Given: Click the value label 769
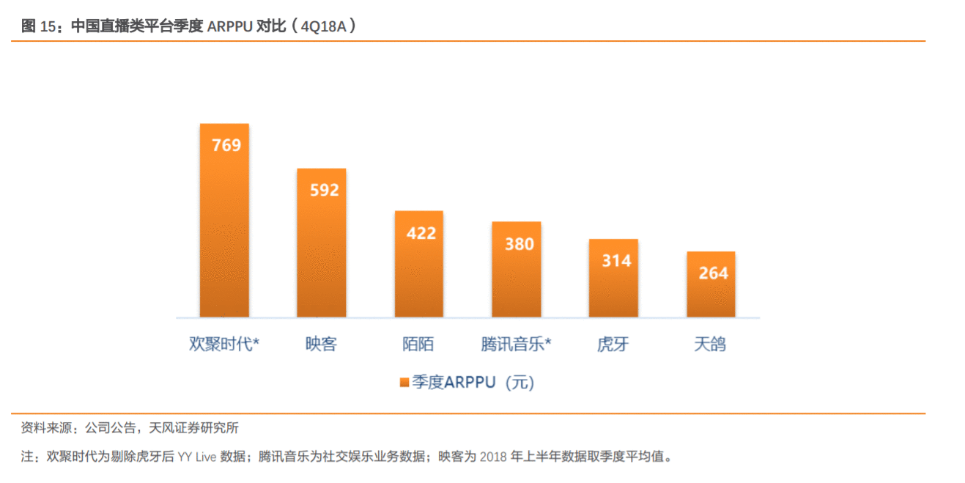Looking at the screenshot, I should (226, 145).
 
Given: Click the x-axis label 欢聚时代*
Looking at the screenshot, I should (224, 344).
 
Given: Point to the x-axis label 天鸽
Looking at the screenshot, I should (710, 344).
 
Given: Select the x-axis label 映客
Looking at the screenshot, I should (321, 344).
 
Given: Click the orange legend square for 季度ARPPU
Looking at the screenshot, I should (404, 383).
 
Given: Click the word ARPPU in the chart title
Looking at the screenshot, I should (229, 27).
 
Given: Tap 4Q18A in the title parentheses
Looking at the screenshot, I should (323, 27).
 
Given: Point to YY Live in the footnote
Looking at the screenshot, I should (197, 457).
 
